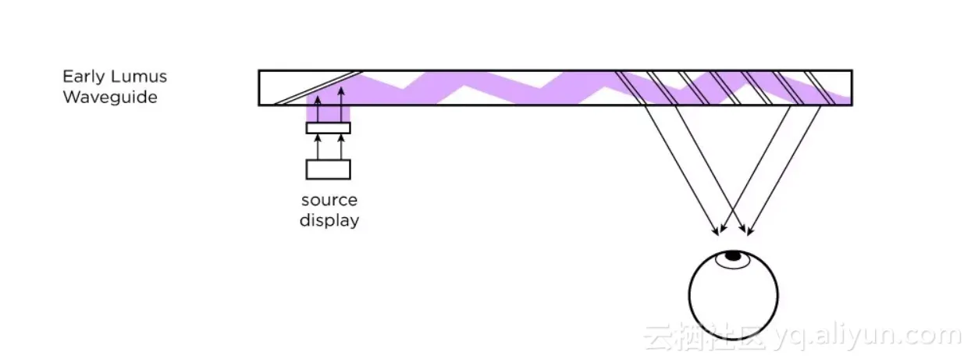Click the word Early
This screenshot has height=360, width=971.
(80, 77)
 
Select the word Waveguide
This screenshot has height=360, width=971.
(110, 97)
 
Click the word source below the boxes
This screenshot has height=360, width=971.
(329, 200)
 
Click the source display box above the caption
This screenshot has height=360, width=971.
(329, 169)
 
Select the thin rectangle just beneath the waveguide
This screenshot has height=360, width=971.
(329, 127)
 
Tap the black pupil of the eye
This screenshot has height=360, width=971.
(734, 255)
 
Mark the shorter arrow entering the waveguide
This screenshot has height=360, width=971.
(318, 109)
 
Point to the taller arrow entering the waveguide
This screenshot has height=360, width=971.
(340, 104)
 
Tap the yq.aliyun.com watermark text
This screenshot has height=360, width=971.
(867, 337)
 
